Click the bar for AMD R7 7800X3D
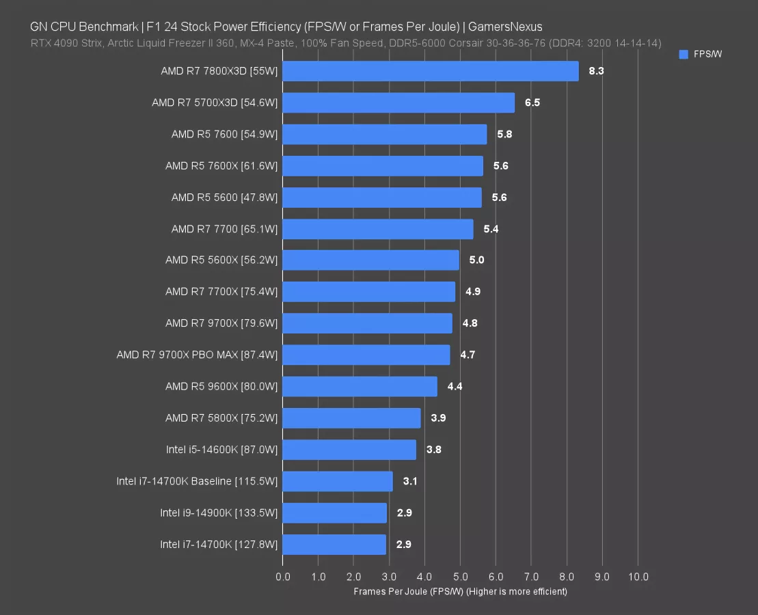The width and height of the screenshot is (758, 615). point(430,71)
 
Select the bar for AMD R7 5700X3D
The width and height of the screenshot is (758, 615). point(398,102)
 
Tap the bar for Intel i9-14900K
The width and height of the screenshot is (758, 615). point(334,512)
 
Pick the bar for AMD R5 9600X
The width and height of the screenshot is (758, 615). point(360,386)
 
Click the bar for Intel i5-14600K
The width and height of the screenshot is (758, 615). point(349,450)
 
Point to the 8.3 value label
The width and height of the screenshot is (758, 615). point(596,71)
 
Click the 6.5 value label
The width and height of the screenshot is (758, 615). point(532,102)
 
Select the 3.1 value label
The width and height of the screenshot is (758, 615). point(410,481)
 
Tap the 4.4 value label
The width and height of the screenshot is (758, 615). point(455,386)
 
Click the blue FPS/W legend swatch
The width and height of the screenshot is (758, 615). point(683,55)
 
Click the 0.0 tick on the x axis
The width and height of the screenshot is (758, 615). point(283,577)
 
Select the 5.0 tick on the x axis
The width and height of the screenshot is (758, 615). point(460,577)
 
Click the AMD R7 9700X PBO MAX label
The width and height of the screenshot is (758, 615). point(197,355)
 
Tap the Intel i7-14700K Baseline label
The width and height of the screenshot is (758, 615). point(197,481)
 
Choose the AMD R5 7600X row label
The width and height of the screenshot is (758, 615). point(221,165)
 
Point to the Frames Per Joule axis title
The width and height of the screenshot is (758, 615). point(460,591)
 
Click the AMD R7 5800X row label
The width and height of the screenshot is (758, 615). point(221,418)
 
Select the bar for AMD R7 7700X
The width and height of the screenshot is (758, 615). point(368,292)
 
